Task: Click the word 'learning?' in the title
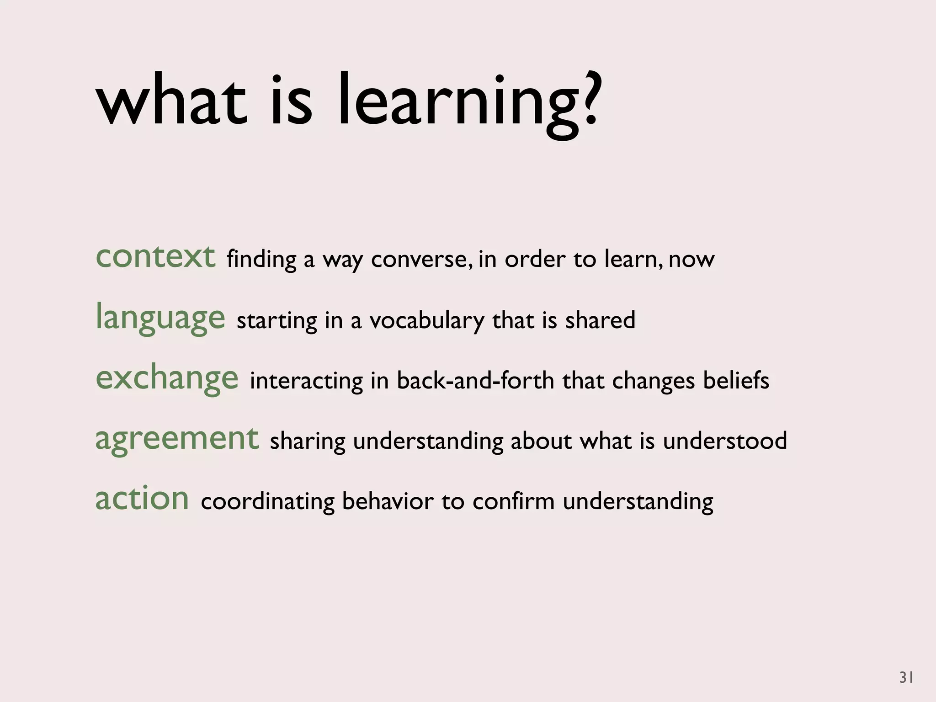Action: coord(466,103)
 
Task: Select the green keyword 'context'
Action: coord(155,257)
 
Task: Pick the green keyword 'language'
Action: coord(160,318)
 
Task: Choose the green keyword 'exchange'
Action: coord(167,378)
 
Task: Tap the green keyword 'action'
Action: coord(142,499)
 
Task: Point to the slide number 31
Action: coord(906,677)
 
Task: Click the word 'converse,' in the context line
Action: coord(421,260)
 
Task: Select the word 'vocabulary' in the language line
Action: coord(426,320)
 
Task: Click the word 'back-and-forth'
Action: coord(475,380)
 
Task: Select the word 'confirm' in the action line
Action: coord(513,501)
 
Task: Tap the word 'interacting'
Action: coord(306,381)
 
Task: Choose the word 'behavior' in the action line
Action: coord(388,501)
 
